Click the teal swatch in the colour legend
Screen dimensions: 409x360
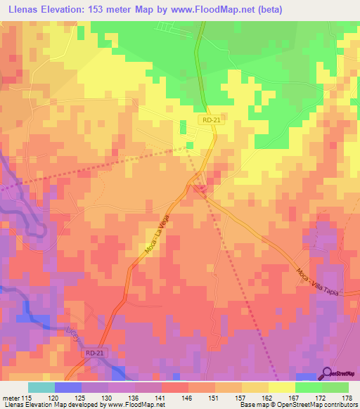pos(41,387)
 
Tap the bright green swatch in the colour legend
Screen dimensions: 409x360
pos(308,387)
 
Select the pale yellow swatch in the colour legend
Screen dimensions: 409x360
pos(281,387)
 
